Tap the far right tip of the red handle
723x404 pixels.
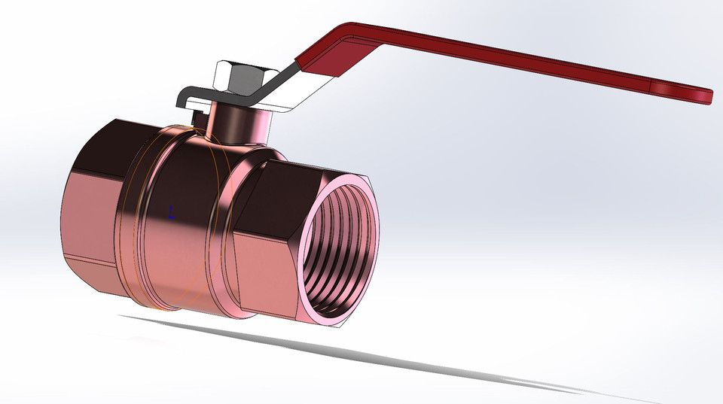click(x=706, y=94)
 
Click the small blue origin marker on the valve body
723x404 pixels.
click(x=171, y=212)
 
